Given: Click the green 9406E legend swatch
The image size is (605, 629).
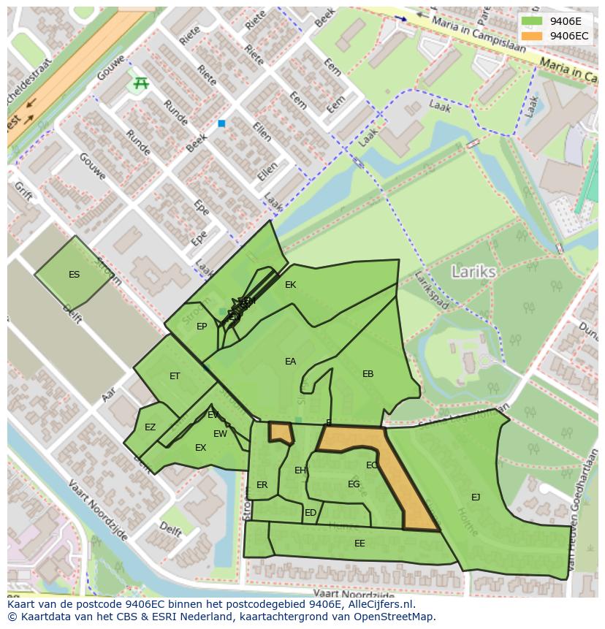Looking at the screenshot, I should [532, 21].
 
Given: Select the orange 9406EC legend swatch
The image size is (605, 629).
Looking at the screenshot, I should [532, 36].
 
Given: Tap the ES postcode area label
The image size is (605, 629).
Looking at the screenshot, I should [74, 275].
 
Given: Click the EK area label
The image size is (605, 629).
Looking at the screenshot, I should [290, 285].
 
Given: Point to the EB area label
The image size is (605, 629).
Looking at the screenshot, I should [368, 374].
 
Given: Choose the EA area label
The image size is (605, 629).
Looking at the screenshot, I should [290, 362].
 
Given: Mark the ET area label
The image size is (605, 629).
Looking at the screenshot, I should [175, 376].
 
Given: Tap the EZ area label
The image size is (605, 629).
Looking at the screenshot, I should [150, 427].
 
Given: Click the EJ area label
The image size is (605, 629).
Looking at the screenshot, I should [476, 498].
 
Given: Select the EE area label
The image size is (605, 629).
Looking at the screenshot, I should [359, 544].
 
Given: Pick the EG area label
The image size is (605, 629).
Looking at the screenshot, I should [354, 484].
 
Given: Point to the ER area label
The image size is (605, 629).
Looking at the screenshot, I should [262, 485].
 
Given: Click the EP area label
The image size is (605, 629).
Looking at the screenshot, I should [202, 327].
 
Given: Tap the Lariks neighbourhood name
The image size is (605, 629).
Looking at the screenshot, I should [473, 272].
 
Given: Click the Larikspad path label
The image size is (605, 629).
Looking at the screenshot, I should [430, 291].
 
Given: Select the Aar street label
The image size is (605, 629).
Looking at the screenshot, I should [109, 394].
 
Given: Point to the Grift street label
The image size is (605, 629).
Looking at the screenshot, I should [23, 192].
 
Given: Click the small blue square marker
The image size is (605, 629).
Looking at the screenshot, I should [221, 124].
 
